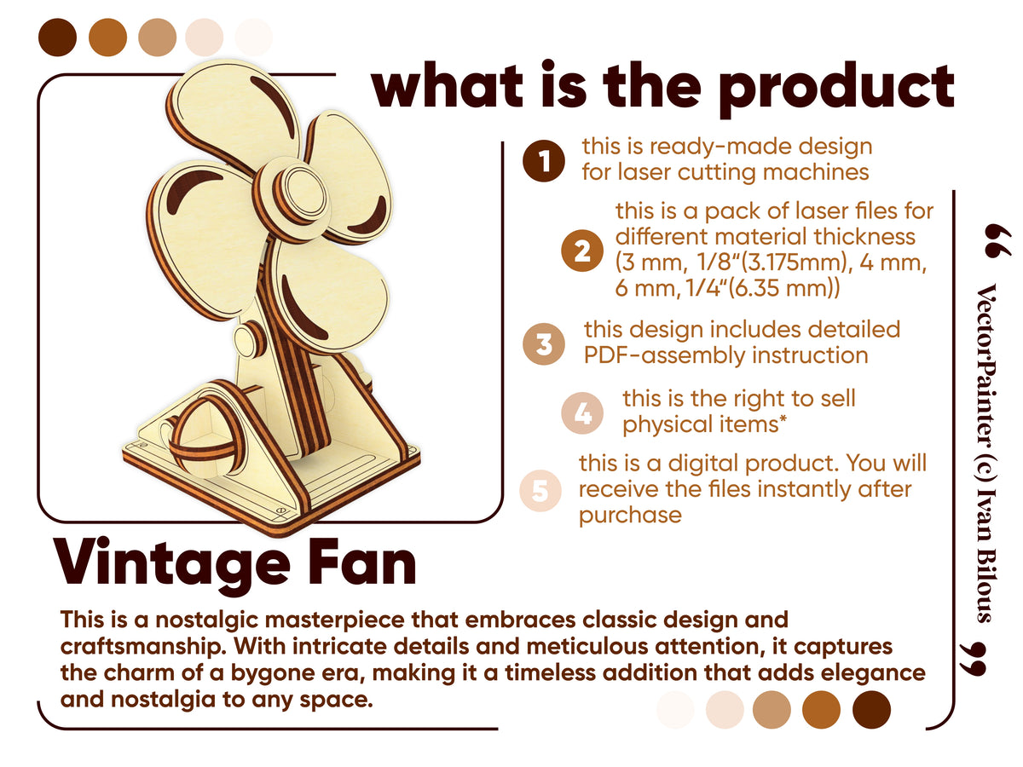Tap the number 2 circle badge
click(x=583, y=251)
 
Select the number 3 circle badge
click(x=544, y=345)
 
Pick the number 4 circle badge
click(x=583, y=413)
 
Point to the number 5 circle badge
click(x=540, y=491)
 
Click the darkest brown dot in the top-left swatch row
click(x=58, y=37)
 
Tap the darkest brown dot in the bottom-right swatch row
click(x=871, y=710)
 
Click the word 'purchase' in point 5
click(x=630, y=515)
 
